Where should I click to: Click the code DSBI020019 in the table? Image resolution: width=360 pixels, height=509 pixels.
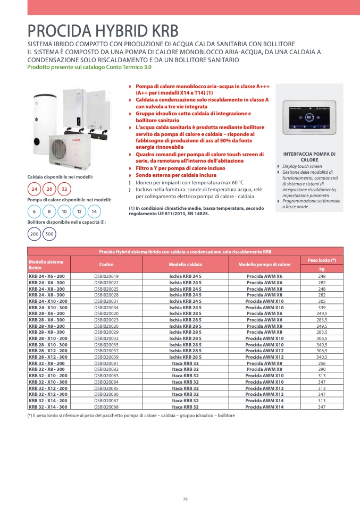tap(106, 276)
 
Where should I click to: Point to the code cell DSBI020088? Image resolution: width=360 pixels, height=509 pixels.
tap(106, 407)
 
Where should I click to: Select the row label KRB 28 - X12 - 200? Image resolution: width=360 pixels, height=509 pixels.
tap(48, 351)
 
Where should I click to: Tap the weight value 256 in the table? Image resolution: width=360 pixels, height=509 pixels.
tap(322, 363)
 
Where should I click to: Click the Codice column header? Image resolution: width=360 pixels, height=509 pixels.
tap(106, 265)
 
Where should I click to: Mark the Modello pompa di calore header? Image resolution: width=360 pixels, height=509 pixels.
tap(264, 265)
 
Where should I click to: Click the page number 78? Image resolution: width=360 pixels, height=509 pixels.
tap(185, 499)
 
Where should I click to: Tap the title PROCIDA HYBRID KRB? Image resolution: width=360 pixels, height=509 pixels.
tap(103, 31)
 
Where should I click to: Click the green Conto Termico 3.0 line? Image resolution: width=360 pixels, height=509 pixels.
tap(89, 67)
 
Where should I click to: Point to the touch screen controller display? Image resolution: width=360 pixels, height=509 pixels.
tap(309, 117)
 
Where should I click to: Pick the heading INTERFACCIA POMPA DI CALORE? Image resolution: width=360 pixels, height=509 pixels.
tap(309, 157)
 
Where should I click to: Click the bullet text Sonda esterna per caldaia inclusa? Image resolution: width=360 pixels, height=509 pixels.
tap(176, 175)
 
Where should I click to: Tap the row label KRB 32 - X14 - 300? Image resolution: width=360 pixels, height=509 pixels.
tap(48, 407)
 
